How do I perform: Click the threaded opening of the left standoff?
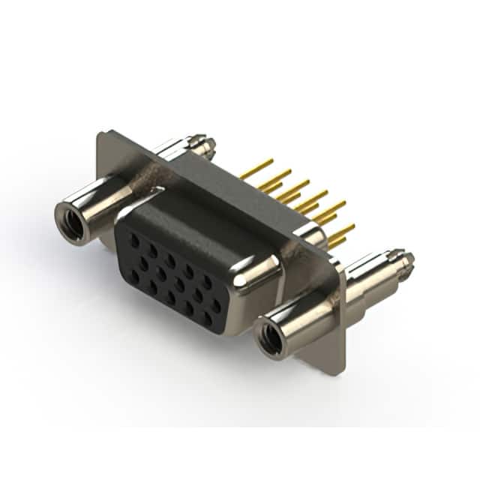(73, 223)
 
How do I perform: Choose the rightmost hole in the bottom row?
(208, 318)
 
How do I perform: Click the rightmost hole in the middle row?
(217, 306)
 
